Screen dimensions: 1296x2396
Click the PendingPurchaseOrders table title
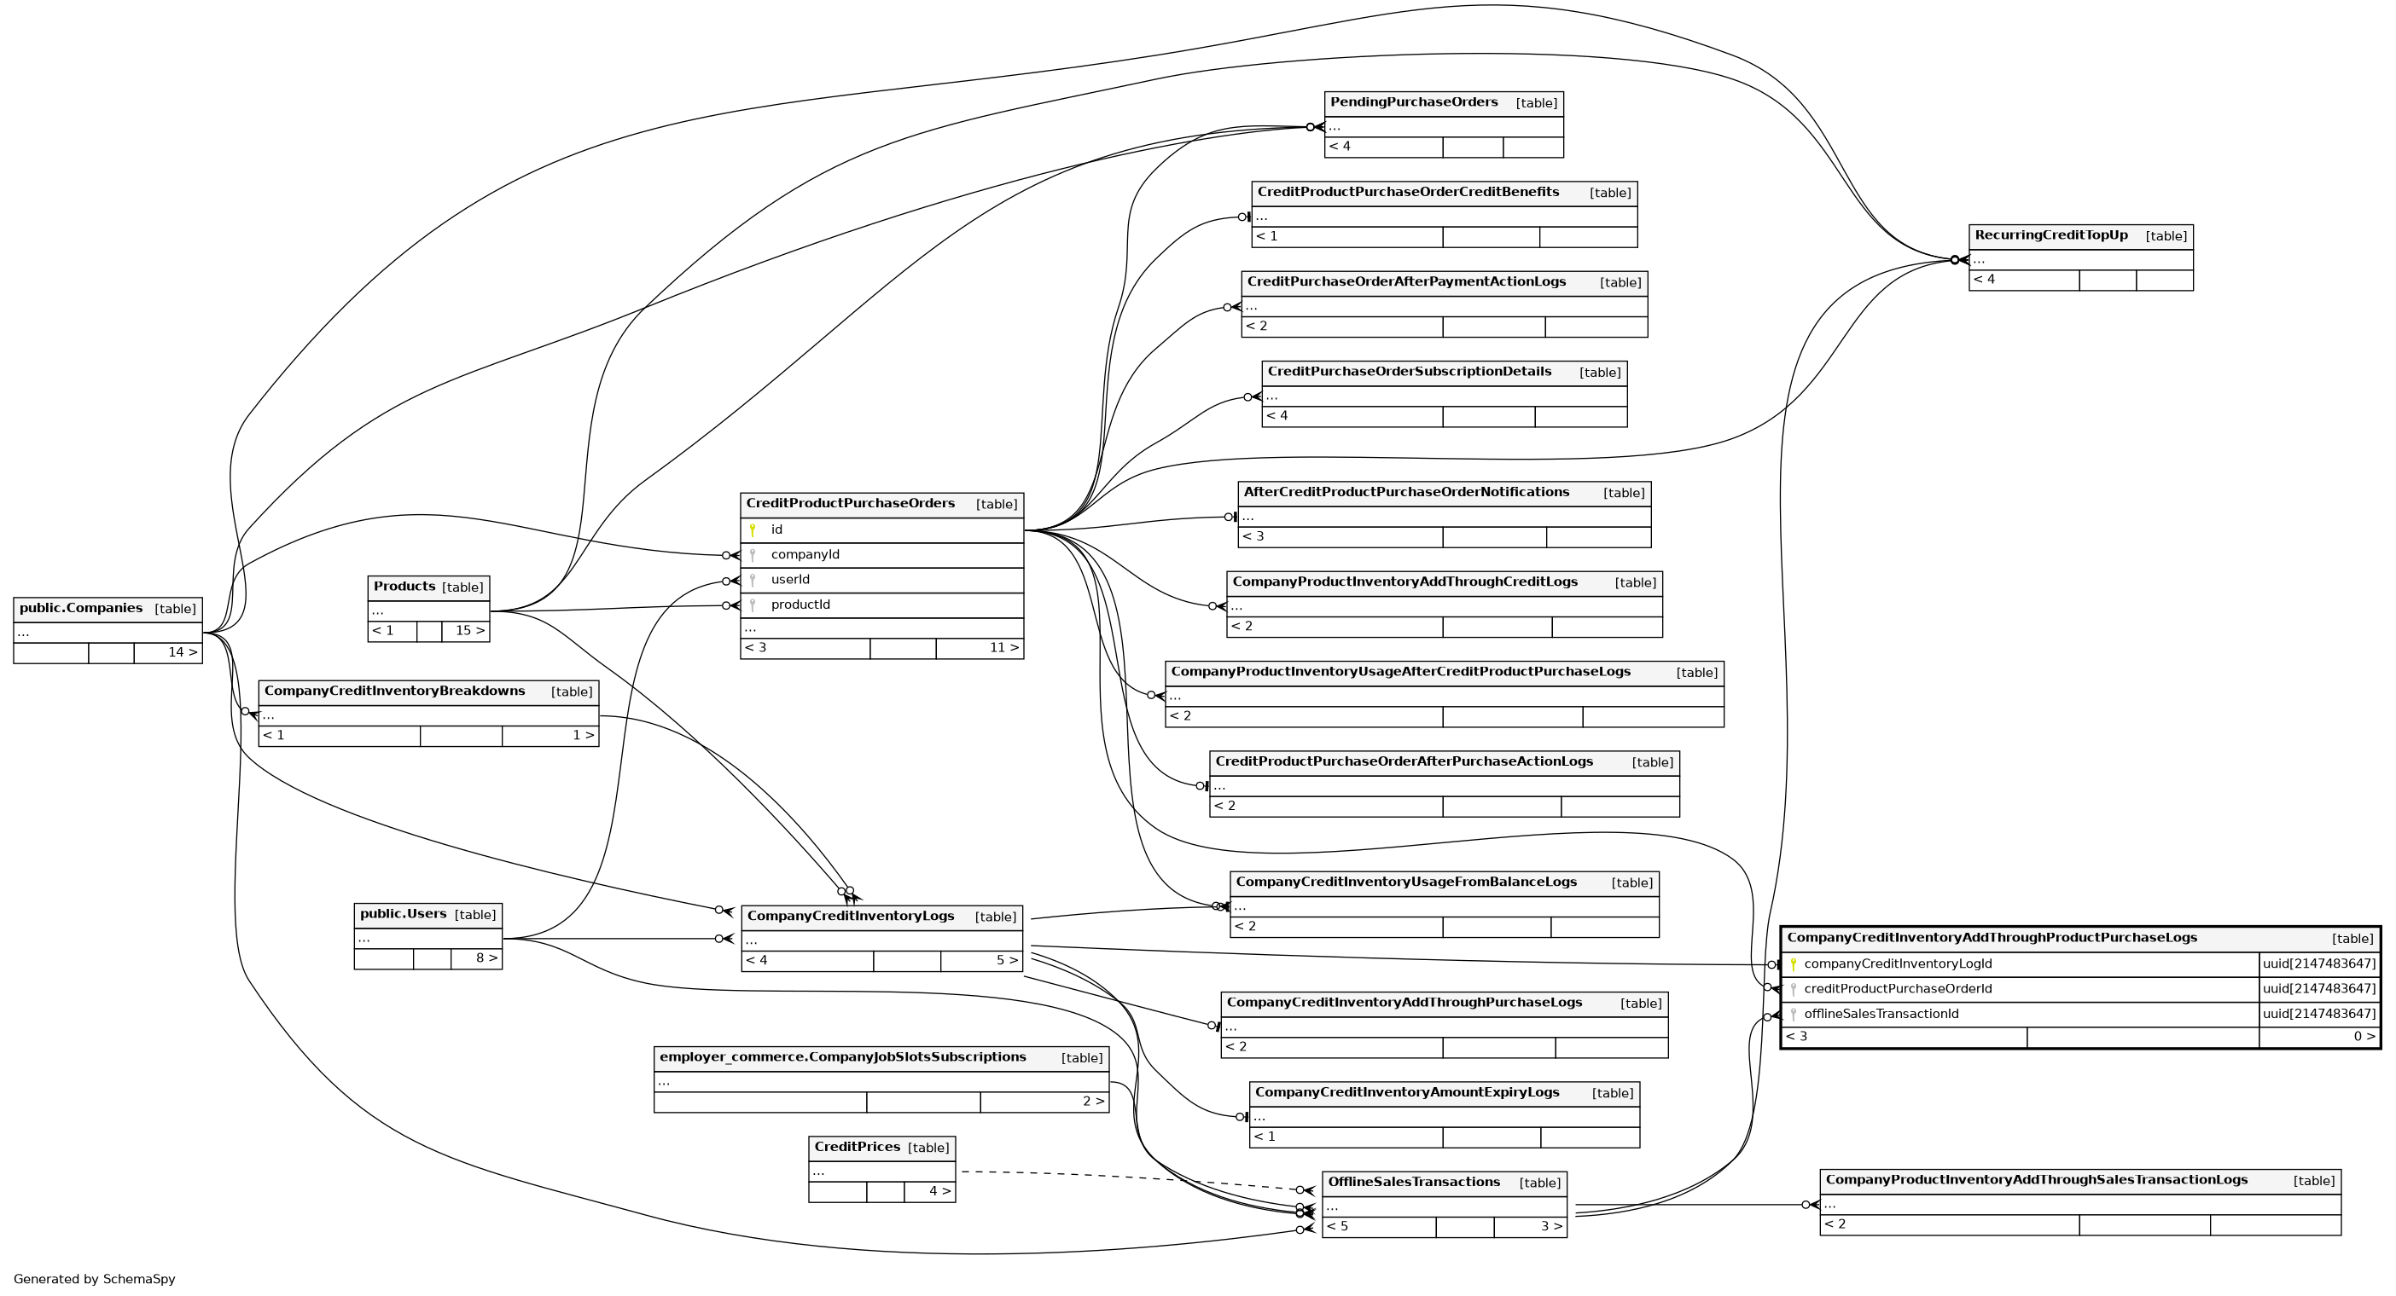coord(1413,102)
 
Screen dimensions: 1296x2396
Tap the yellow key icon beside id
coord(753,530)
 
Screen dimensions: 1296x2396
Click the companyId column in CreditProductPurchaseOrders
coord(805,555)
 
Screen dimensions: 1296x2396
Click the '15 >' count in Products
coord(468,631)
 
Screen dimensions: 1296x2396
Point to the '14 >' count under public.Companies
coord(183,652)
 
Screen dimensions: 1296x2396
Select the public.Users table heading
coord(403,914)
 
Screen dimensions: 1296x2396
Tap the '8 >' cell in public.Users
coord(486,958)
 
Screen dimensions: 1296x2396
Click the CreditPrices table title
coord(857,1148)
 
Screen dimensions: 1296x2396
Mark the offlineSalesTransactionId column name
coord(1881,1015)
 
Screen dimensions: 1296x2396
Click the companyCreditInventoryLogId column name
coord(1898,964)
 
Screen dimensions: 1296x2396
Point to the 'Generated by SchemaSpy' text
coord(94,1279)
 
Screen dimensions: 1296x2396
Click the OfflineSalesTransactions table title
coord(1413,1183)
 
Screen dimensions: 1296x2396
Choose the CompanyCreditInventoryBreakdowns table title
coord(394,691)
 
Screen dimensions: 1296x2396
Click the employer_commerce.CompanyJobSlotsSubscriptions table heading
coord(842,1057)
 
